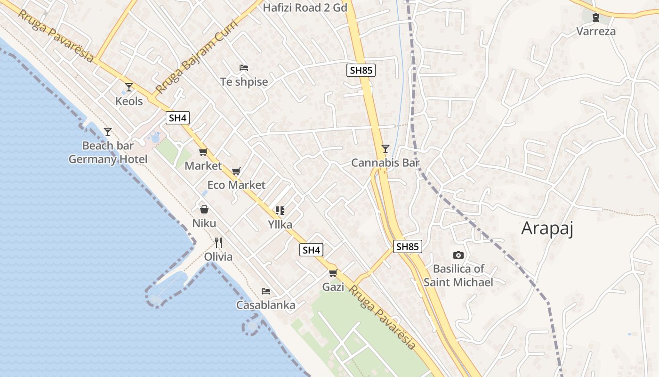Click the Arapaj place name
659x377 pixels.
(x=547, y=229)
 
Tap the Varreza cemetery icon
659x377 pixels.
(x=596, y=18)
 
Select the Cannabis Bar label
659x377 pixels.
(x=385, y=163)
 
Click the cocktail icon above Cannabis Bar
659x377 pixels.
(x=386, y=149)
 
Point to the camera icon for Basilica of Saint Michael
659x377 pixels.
(x=458, y=255)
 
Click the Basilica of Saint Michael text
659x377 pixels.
(x=458, y=276)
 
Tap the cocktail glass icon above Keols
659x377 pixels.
(x=129, y=87)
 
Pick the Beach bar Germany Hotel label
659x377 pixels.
(x=108, y=152)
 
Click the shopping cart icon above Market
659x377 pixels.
(x=203, y=152)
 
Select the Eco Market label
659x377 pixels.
(x=236, y=185)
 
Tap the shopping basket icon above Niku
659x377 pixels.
(x=204, y=209)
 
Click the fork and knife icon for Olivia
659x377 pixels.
(x=218, y=243)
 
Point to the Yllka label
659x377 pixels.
(x=280, y=224)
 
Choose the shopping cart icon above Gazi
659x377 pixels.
(x=333, y=273)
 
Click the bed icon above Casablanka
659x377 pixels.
(x=266, y=291)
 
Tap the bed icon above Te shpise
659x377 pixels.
(x=244, y=68)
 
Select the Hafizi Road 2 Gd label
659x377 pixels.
(x=305, y=8)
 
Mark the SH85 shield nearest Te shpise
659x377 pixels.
(x=361, y=71)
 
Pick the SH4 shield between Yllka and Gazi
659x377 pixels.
(x=312, y=250)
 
